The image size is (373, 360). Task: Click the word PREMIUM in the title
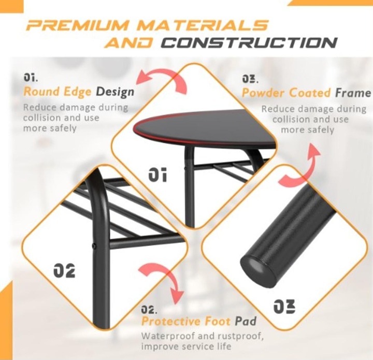point(78,25)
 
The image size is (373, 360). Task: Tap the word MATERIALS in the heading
point(203,25)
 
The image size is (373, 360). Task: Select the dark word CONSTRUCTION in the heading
point(249,43)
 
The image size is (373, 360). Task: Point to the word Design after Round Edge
point(115,92)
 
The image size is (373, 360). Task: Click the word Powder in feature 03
point(262,93)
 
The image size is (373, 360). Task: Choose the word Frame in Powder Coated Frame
point(353,93)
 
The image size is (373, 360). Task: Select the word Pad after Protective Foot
point(246,321)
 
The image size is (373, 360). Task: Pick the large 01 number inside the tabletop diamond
point(157,175)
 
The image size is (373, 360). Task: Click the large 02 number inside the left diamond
point(64,270)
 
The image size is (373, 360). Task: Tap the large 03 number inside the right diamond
point(284,306)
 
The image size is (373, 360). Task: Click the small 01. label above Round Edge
point(31,78)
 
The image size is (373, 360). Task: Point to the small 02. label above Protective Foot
point(149,310)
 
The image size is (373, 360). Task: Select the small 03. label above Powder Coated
point(250,79)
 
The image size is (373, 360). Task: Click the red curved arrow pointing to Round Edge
point(166,76)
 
